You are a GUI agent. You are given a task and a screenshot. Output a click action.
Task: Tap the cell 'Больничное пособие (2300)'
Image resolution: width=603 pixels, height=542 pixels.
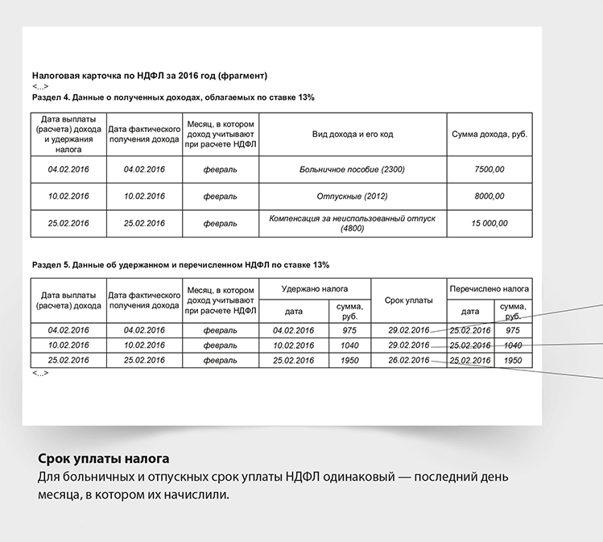pyautogui.click(x=352, y=169)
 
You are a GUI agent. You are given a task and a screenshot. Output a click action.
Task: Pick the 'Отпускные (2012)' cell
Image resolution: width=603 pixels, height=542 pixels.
pyautogui.click(x=352, y=197)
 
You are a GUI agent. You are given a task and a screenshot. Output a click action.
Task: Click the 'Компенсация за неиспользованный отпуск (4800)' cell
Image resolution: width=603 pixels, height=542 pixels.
pyautogui.click(x=352, y=223)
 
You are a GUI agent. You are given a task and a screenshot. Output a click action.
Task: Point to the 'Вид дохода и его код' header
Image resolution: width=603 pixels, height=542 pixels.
pyautogui.click(x=352, y=134)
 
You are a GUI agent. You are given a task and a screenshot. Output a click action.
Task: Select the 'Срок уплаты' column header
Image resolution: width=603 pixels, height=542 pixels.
pyautogui.click(x=408, y=300)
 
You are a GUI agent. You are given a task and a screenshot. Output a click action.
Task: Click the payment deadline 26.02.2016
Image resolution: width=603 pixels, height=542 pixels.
pyautogui.click(x=408, y=361)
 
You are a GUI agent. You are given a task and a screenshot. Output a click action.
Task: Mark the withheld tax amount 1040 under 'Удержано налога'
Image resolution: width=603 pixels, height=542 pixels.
pyautogui.click(x=349, y=345)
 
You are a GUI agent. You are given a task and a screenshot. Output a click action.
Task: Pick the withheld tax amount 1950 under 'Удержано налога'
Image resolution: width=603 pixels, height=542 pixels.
pyautogui.click(x=349, y=361)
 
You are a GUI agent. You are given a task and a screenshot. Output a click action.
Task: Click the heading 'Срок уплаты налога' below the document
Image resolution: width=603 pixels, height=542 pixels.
pyautogui.click(x=104, y=460)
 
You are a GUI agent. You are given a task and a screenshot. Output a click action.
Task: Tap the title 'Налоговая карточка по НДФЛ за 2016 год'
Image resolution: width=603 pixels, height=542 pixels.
pyautogui.click(x=149, y=76)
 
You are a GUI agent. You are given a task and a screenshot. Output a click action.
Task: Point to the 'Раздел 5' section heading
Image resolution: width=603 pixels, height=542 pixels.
pyautogui.click(x=180, y=264)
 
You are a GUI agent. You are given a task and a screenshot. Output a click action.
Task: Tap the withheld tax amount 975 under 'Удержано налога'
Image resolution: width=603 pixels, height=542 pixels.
pyautogui.click(x=349, y=330)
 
